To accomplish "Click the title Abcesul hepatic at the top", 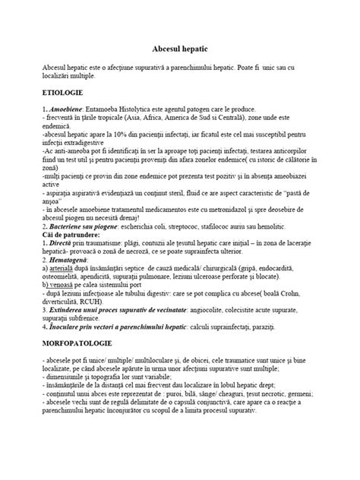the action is (180, 46).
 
